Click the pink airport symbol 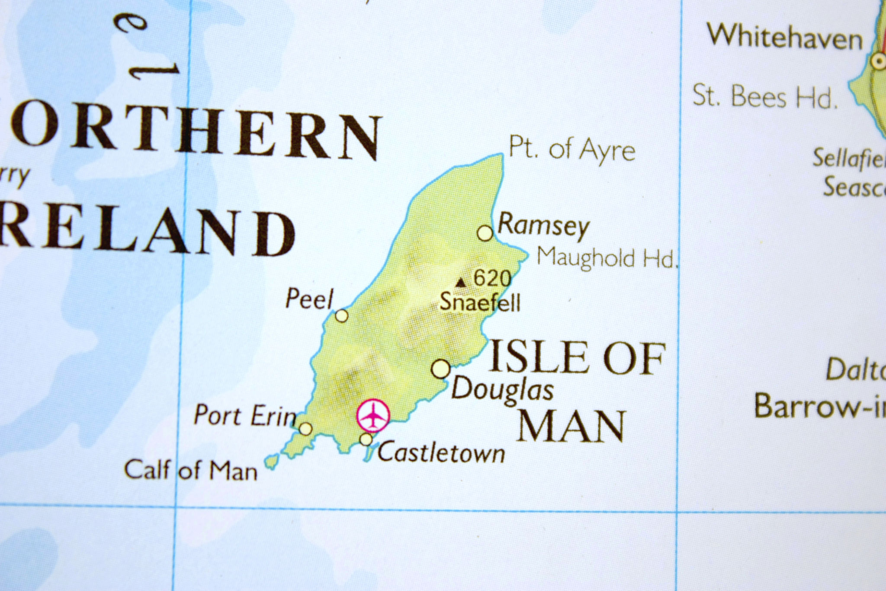coord(373,416)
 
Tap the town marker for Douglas coord(441,369)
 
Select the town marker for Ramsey coord(485,233)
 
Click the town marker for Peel coord(341,316)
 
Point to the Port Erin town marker coord(305,428)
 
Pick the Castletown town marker coord(366,440)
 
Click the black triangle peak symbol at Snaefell coord(461,283)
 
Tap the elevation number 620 coord(492,278)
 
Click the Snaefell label coord(480,302)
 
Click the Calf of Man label coord(191,470)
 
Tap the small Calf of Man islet coord(271,462)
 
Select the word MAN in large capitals coord(571,426)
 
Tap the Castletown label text coord(441,453)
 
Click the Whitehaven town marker coord(878,61)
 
